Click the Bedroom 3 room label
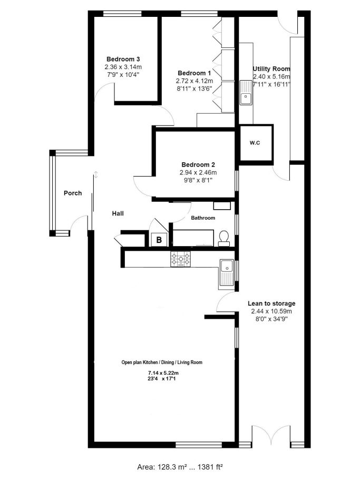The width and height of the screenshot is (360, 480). coord(123,59)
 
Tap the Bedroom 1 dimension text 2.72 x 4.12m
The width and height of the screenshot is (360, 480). coord(194,81)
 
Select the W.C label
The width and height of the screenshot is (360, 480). coord(255,143)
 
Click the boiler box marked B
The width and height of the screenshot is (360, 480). coord(159,240)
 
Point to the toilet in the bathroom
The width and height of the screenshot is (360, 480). coord(224,239)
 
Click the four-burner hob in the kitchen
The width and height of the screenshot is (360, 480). coord(181,259)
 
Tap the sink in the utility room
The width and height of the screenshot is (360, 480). coord(246,92)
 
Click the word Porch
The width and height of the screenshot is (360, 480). coord(73,193)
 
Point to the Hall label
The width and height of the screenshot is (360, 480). coord(118,213)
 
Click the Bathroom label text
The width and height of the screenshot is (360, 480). coord(203,218)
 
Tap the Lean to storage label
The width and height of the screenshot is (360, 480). coord(271,303)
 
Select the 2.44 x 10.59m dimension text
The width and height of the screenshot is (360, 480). coord(271,311)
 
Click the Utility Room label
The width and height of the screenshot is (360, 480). coord(271,68)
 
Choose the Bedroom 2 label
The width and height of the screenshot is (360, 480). coord(198,165)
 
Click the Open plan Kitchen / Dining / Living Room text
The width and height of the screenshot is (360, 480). coord(162,363)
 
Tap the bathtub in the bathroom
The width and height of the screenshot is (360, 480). coord(193,238)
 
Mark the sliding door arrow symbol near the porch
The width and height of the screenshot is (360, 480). coord(96,175)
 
